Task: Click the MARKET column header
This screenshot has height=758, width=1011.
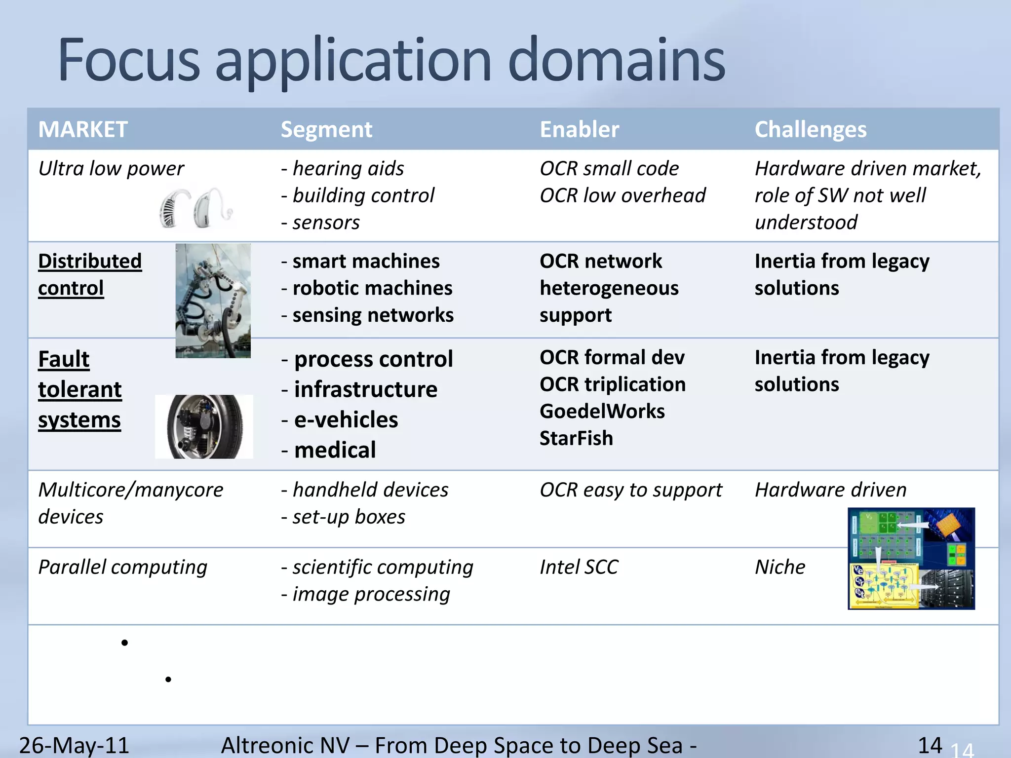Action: tap(83, 130)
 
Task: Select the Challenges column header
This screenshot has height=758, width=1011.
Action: tap(810, 130)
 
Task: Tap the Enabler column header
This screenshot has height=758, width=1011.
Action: tap(579, 130)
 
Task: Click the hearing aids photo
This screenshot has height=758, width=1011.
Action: tap(195, 208)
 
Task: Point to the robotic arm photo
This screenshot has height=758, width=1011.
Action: tap(213, 300)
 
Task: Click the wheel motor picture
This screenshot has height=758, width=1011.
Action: tap(204, 427)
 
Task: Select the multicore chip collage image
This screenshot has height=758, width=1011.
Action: tap(911, 559)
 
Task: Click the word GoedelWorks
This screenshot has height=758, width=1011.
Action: tap(602, 412)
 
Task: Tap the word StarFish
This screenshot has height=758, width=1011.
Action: tap(576, 438)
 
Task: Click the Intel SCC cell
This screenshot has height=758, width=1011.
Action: tap(579, 567)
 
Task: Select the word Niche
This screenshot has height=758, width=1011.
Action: tap(780, 567)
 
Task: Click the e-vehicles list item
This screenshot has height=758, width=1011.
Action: tap(346, 420)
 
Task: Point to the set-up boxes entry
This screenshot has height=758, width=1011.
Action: tap(349, 517)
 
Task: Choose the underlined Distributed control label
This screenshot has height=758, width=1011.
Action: tap(89, 274)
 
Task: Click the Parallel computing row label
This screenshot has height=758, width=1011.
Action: tap(122, 567)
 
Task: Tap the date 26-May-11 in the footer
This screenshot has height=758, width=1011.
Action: tap(74, 745)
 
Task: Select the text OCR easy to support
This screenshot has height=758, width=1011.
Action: tap(630, 490)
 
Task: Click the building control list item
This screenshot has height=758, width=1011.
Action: tap(363, 195)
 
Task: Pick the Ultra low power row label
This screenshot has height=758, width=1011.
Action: tap(111, 169)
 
